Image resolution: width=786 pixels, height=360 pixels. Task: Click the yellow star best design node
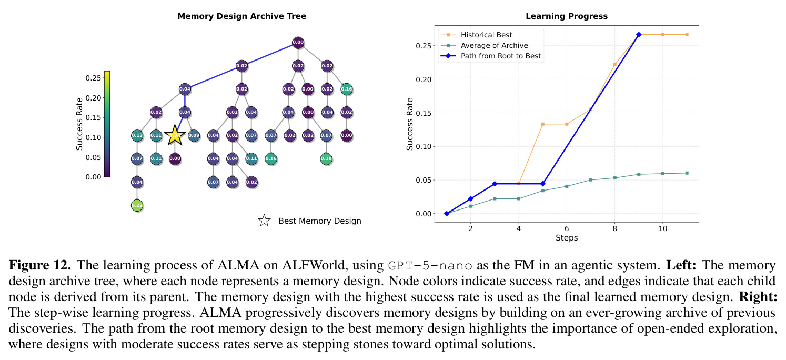175,135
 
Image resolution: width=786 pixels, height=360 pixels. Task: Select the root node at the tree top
298,43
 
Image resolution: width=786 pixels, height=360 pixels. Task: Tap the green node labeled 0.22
137,205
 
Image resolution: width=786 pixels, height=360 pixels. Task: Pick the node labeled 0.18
326,158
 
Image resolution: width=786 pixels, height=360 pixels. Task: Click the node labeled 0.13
137,135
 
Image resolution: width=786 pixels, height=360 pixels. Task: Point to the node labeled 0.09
194,135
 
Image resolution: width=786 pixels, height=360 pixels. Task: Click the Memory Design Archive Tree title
242,16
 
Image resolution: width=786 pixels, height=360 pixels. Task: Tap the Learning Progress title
566,16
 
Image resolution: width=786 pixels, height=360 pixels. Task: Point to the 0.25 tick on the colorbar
93,77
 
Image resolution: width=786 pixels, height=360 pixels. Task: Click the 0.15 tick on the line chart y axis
423,113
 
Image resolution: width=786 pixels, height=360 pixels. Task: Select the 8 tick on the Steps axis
614,229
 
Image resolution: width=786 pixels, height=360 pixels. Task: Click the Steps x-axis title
566,238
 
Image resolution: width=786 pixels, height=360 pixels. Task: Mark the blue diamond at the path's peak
639,34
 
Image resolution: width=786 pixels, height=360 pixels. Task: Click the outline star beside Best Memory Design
264,221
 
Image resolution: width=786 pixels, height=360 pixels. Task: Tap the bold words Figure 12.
39,265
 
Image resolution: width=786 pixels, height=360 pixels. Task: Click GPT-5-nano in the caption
430,265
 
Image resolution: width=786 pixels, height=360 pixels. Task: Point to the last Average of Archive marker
687,173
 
